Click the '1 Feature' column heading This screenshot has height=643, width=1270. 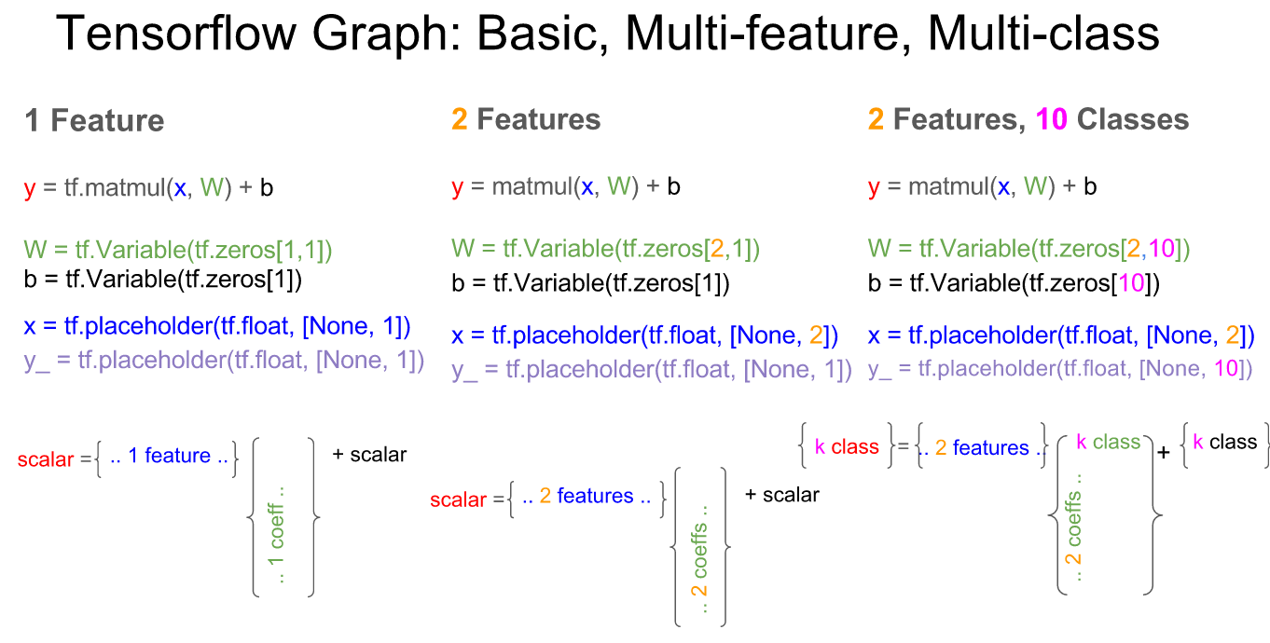click(94, 120)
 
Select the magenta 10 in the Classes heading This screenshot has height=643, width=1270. click(1052, 119)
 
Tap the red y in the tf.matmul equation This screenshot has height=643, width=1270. click(30, 189)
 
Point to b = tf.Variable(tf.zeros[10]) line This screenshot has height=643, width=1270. click(1014, 283)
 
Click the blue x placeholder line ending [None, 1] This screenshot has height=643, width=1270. click(217, 327)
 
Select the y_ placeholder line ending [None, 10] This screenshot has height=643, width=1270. click(1059, 369)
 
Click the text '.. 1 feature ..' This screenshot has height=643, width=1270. click(167, 456)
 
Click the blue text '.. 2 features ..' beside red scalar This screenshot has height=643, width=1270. click(587, 496)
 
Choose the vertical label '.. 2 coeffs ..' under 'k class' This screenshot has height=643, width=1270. click(1074, 527)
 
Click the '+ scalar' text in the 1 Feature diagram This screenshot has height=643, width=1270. click(369, 455)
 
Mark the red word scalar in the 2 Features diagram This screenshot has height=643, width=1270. click(459, 500)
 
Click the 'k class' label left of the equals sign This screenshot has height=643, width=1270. click(847, 447)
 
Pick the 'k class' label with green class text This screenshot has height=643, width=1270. click(1109, 442)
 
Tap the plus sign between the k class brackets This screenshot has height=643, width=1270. click(1163, 453)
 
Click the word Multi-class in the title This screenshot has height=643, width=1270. click(1043, 34)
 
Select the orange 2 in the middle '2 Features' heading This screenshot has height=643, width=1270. click(459, 119)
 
